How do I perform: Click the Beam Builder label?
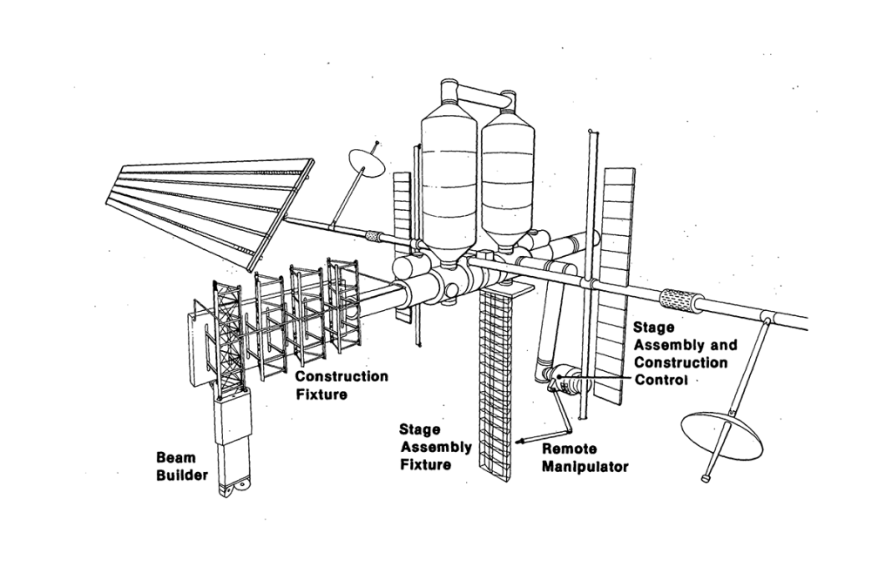pos(181,466)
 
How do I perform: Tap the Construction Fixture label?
pos(341,385)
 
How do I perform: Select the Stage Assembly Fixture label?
pos(435,447)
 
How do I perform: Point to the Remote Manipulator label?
pos(585,458)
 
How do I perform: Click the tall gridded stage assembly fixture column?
pos(497,392)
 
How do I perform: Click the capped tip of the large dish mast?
pos(706,477)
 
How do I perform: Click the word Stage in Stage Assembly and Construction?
pos(653,327)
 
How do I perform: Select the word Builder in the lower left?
pos(181,476)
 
